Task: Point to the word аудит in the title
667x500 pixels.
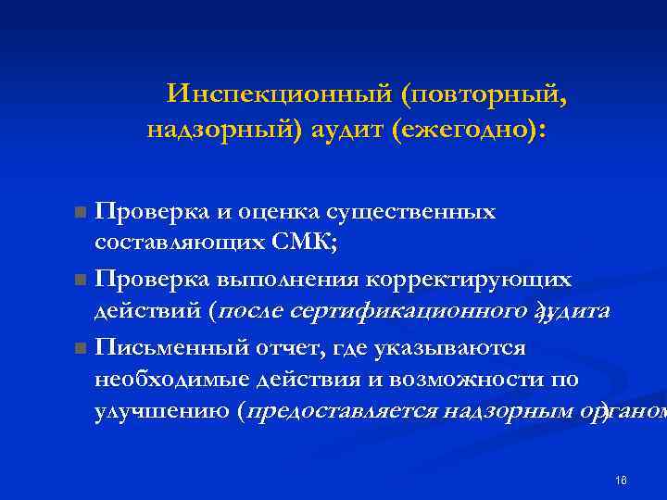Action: point(339,131)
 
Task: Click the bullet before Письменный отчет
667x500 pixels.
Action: point(82,348)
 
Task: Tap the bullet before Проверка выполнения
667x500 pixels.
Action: point(82,280)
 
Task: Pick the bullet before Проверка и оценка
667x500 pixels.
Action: point(82,213)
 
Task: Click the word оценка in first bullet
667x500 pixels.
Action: point(270,211)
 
